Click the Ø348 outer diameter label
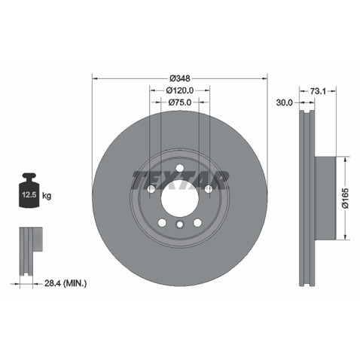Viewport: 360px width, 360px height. [x=180, y=79]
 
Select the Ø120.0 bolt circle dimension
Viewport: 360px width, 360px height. [x=180, y=90]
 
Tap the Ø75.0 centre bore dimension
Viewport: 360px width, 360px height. [x=180, y=102]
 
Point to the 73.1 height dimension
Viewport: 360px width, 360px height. [x=318, y=91]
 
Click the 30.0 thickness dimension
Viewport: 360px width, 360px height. [x=285, y=102]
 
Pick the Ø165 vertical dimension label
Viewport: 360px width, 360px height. [x=346, y=198]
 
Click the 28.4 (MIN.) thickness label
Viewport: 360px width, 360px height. [x=66, y=284]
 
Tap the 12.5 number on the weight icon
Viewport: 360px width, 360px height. [x=29, y=194]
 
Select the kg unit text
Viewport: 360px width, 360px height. [x=47, y=195]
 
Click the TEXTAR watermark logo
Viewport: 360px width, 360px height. [x=180, y=180]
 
